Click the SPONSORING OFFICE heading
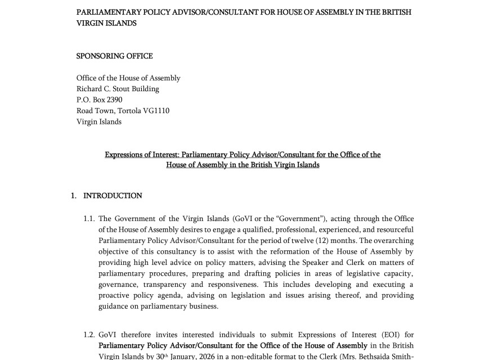coord(114,56)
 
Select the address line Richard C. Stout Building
coord(118,89)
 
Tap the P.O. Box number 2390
coord(114,100)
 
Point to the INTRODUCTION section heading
coord(113,196)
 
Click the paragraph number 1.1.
coord(90,219)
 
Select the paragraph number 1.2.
coord(90,335)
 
